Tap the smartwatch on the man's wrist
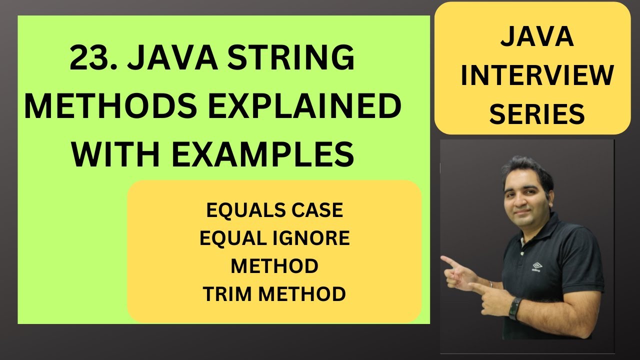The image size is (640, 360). click(x=514, y=308)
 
